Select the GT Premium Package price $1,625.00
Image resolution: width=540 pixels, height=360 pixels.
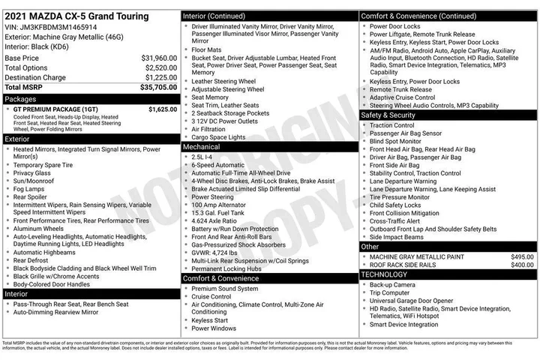[x=162, y=109]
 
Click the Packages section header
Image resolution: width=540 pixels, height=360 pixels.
[x=20, y=98]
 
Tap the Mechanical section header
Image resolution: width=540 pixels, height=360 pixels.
[x=202, y=147]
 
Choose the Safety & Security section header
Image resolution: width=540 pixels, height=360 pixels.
[x=388, y=115]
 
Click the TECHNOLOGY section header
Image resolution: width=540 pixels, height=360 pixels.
[x=385, y=274]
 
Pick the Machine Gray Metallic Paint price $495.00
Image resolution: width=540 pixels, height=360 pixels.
[x=521, y=256]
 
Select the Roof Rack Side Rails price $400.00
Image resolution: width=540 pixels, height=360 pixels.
[x=521, y=265]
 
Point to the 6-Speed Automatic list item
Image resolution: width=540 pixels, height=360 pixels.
[x=217, y=165]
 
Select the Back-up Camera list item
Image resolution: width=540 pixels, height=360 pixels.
[x=394, y=285]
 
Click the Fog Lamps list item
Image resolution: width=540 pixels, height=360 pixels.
[x=29, y=190]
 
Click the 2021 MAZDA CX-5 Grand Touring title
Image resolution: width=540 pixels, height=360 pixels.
[x=76, y=16]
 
